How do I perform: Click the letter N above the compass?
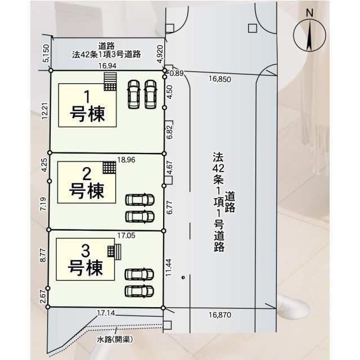pyautogui.click(x=309, y=13)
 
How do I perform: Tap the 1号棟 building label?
pyautogui.click(x=88, y=106)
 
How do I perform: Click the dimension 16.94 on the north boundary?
pyautogui.click(x=107, y=66)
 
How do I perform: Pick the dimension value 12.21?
pyautogui.click(x=45, y=111)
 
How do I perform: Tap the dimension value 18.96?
pyautogui.click(x=126, y=160)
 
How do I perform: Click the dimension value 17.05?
pyautogui.click(x=126, y=235)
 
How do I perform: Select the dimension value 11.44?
pyautogui.click(x=169, y=268)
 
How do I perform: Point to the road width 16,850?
pyautogui.click(x=220, y=79)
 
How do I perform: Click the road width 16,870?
pyautogui.click(x=220, y=315)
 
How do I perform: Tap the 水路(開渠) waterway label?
pyautogui.click(x=115, y=339)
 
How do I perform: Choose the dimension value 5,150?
pyautogui.click(x=46, y=53)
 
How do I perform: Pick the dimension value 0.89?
pyautogui.click(x=177, y=73)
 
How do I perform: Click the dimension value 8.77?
pyautogui.click(x=43, y=255)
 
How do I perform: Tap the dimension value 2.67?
pyautogui.click(x=43, y=296)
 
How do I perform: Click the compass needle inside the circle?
pyautogui.click(x=309, y=35)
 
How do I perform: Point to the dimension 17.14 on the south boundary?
pyautogui.click(x=106, y=313)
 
